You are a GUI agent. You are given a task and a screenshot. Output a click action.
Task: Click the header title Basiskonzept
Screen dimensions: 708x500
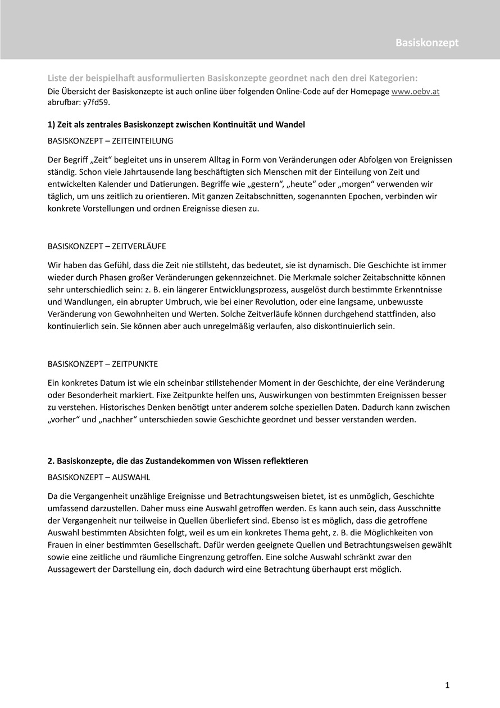point(426,43)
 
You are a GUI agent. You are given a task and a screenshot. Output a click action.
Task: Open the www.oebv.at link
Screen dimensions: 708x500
point(415,92)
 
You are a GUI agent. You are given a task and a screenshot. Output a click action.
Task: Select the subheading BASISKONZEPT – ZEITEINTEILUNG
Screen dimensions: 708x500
point(111,140)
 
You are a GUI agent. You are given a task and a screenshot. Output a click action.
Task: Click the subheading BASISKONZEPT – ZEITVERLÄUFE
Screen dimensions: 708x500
point(107,246)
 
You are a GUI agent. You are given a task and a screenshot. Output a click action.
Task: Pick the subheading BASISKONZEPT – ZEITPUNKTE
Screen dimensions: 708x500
point(102,364)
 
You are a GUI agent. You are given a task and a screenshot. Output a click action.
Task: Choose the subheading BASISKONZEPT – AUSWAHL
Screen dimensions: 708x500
point(99,477)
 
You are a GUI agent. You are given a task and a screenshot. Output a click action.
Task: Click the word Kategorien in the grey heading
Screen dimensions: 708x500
point(393,78)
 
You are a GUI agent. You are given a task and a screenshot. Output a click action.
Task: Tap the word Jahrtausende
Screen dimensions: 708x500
point(138,172)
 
